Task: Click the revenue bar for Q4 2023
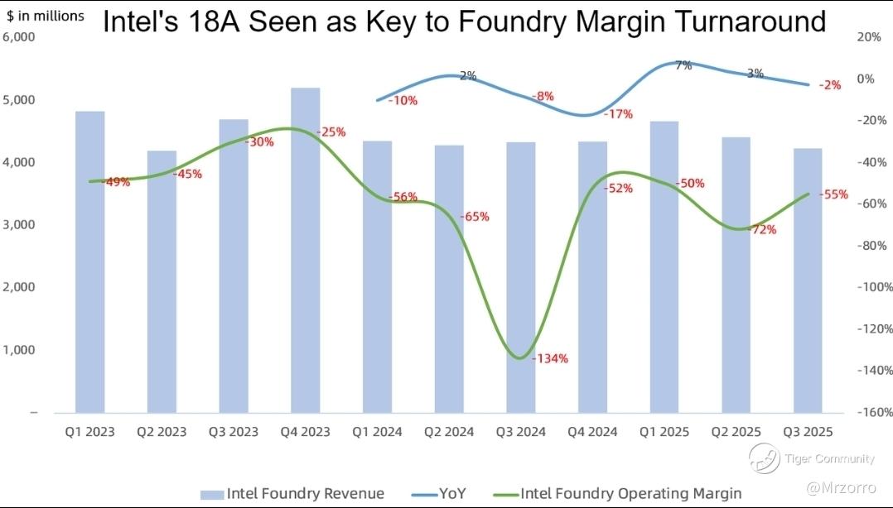pyautogui.click(x=306, y=248)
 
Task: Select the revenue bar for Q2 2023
pyautogui.click(x=162, y=281)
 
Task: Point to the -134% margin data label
pyautogui.click(x=549, y=359)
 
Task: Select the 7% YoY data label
pyautogui.click(x=683, y=65)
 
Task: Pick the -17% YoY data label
pyautogui.click(x=619, y=113)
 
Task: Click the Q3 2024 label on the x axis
pyautogui.click(x=521, y=432)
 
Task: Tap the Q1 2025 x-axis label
pyautogui.click(x=665, y=432)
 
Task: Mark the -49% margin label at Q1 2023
pyautogui.click(x=115, y=182)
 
